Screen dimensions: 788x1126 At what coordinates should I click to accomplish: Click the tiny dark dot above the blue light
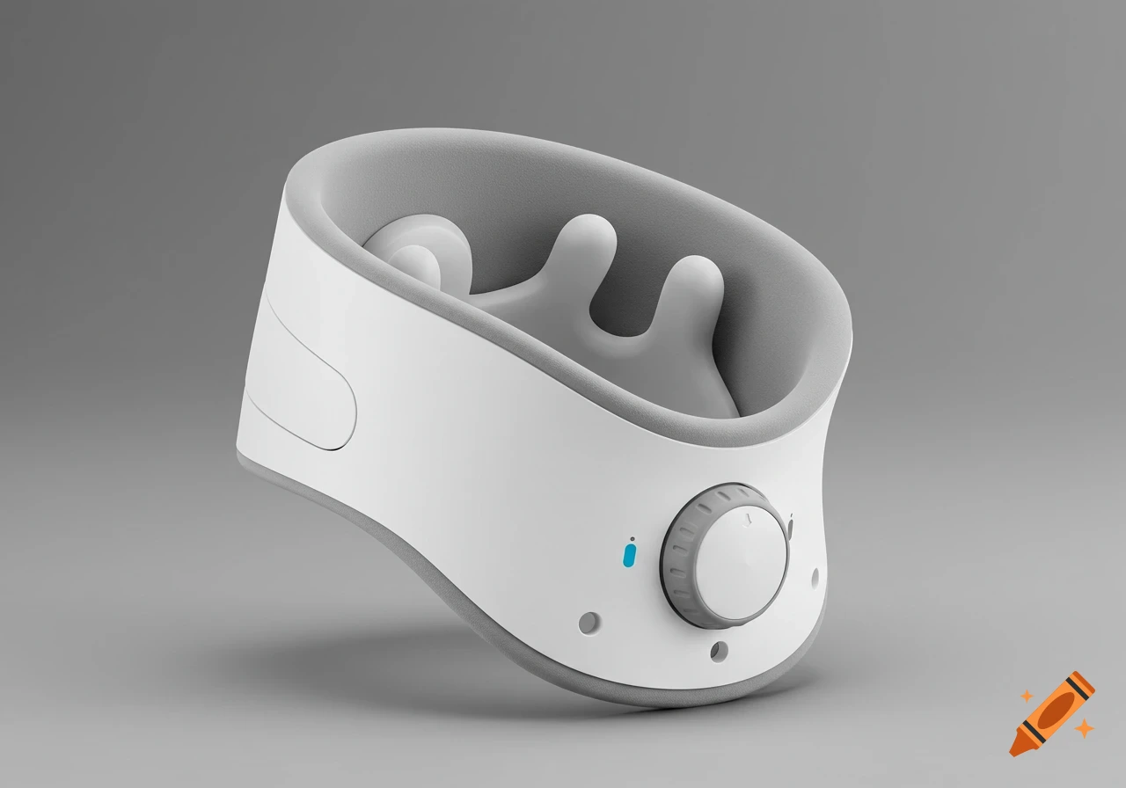click(632, 538)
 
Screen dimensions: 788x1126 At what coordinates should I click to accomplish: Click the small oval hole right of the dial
click(814, 576)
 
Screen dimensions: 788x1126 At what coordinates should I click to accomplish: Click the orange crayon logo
click(1052, 713)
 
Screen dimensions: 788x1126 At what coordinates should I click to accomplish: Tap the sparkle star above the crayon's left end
click(1026, 696)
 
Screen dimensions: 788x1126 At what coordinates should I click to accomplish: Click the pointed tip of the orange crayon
click(1017, 748)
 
